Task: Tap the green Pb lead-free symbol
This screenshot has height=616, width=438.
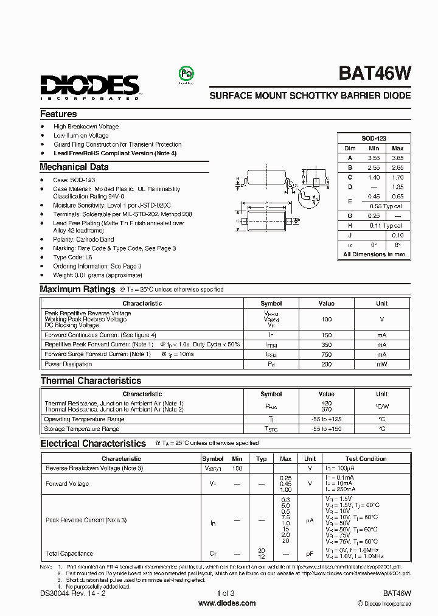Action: [x=184, y=74]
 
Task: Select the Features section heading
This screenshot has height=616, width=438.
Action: [x=58, y=114]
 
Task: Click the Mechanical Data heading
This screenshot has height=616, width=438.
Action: [x=74, y=167]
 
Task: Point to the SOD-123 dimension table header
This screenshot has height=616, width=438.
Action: [x=373, y=139]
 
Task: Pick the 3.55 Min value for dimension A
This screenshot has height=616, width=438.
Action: [x=374, y=158]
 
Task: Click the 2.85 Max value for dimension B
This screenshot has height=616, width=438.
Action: [x=397, y=167]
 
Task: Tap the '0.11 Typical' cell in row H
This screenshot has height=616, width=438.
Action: [x=386, y=225]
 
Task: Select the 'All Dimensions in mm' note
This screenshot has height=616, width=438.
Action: [x=374, y=254]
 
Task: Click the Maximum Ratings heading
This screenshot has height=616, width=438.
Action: [x=77, y=290]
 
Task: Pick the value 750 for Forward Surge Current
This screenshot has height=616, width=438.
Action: [x=327, y=354]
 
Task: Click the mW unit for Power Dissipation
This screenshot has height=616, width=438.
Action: [x=381, y=364]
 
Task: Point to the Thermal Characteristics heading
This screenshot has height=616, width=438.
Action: [x=91, y=381]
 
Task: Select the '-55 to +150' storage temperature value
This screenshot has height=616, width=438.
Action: [x=327, y=429]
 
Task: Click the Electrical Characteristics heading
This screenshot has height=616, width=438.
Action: [x=93, y=444]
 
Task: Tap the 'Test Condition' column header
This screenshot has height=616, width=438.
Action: [x=366, y=459]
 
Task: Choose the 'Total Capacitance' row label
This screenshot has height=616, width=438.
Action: [x=69, y=553]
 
